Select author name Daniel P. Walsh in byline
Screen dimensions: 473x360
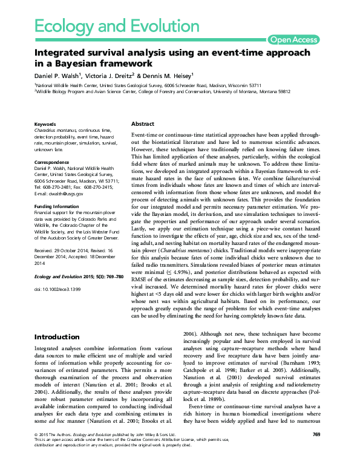pos(61,75)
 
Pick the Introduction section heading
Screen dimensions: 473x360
pos(57,336)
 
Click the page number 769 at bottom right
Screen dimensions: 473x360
pos(316,451)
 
